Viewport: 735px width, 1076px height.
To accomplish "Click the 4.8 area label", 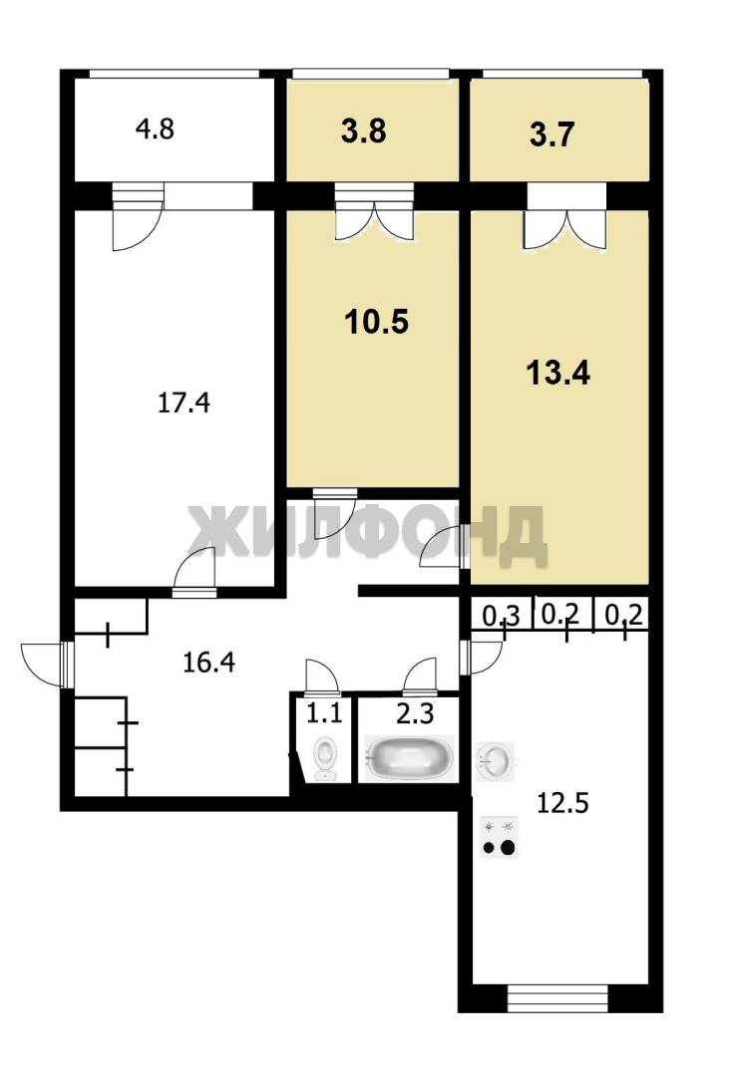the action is (155, 129).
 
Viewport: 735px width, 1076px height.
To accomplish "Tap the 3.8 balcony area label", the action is (363, 131).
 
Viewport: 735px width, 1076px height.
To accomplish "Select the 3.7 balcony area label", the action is (551, 134).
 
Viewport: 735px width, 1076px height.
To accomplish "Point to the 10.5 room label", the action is (376, 321).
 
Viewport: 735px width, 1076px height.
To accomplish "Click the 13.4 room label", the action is (557, 373).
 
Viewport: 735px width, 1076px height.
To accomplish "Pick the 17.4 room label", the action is (184, 403).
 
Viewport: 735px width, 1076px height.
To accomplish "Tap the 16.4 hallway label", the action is (208, 663).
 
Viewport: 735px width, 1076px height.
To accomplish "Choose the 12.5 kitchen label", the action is (562, 801).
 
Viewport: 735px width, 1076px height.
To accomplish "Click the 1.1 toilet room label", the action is (323, 713).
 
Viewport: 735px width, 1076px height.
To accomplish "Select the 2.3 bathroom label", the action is (415, 713).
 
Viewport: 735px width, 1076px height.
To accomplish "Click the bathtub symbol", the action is (409, 757).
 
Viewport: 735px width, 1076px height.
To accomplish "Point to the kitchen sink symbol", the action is (495, 759).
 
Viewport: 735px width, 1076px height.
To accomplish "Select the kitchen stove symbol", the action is (499, 838).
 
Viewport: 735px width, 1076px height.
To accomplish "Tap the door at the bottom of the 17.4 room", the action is (194, 571).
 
